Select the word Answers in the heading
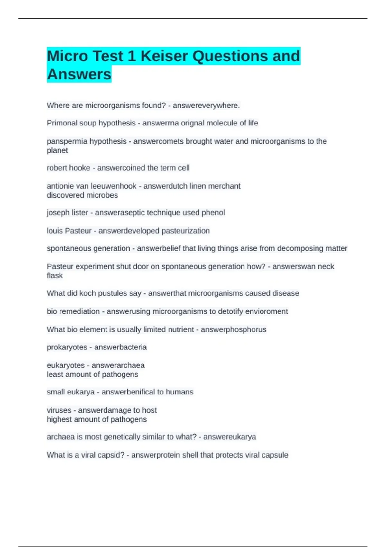coord(79,74)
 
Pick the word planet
coord(57,150)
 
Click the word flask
coord(55,276)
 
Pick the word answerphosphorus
coord(234,329)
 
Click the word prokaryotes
coord(67,347)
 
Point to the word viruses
coord(59,410)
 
